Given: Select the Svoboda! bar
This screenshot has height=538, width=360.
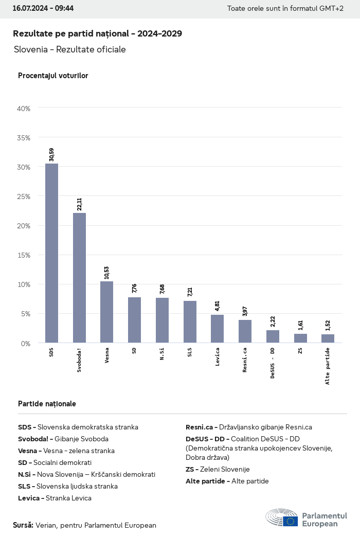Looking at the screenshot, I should [79, 278].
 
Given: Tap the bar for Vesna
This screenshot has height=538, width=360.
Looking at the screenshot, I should [107, 312].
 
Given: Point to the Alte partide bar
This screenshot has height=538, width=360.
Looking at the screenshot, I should [328, 338].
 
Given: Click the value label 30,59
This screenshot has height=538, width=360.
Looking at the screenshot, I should [51, 155].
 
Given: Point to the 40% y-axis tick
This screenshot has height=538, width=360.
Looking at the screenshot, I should [24, 109].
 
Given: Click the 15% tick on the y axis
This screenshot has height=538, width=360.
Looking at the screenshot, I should [24, 255].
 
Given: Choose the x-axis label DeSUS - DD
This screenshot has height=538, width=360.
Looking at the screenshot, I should [273, 362].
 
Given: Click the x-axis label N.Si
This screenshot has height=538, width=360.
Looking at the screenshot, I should [162, 354].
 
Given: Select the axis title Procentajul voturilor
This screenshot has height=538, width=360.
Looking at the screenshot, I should [53, 76].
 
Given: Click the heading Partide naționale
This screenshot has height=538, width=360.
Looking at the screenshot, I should [47, 404].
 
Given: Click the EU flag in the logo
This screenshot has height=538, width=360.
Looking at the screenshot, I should [290, 521].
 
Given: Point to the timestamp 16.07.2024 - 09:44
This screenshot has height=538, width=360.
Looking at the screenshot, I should [43, 9].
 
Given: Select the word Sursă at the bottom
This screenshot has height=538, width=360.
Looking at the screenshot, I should [23, 525].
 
